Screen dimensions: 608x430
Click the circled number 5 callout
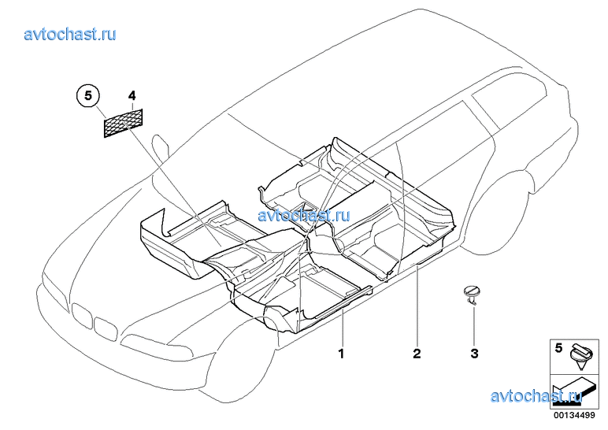point(88,95)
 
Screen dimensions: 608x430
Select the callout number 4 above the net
point(132,95)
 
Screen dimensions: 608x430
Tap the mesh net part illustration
point(124,123)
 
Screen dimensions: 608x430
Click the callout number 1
point(341,354)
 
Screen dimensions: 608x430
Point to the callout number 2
point(417,354)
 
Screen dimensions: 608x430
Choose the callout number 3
point(475,354)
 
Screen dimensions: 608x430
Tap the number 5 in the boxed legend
point(558,348)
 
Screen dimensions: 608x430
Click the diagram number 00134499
point(574,416)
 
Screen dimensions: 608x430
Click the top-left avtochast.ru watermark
point(70,34)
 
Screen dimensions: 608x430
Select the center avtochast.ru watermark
point(304,215)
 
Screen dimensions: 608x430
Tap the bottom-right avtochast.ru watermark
point(536,396)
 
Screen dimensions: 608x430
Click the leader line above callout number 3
point(474,325)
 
